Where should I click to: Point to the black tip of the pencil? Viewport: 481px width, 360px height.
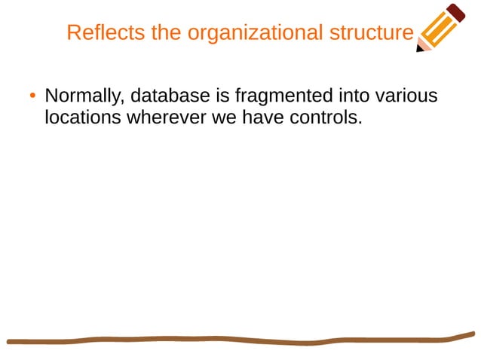(419, 50)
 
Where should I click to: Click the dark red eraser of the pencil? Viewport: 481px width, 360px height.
(457, 12)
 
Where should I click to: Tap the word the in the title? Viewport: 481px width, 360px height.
(166, 33)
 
